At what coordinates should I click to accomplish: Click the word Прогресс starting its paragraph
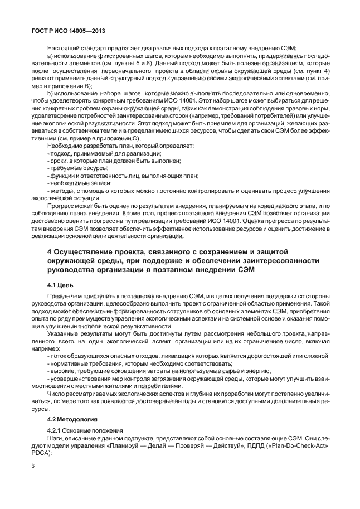point(61,206)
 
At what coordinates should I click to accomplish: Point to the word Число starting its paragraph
point(56,394)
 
